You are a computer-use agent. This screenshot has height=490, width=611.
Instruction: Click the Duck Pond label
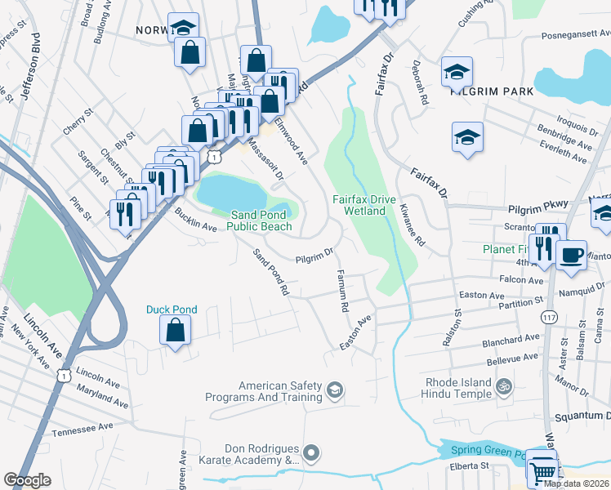click(172, 310)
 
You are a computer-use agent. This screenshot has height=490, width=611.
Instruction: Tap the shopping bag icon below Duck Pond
click(175, 331)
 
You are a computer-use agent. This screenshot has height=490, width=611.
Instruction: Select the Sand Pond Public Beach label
click(259, 220)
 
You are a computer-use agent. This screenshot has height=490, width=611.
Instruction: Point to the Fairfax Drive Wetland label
click(359, 205)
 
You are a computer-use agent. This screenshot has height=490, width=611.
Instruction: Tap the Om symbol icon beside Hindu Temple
click(505, 383)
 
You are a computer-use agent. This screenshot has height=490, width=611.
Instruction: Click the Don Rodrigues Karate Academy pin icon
click(310, 452)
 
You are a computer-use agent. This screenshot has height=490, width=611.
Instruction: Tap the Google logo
click(27, 480)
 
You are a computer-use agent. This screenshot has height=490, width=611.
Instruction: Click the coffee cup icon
click(571, 254)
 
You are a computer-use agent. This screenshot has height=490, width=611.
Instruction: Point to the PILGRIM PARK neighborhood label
click(485, 93)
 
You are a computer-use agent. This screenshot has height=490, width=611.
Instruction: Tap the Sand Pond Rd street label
click(271, 272)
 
